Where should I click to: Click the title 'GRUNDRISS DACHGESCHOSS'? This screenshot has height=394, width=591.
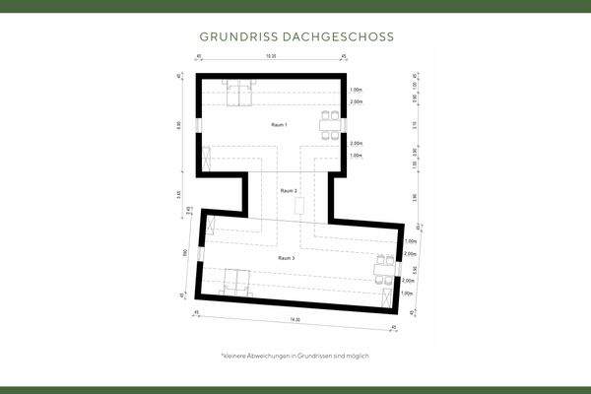[295, 36]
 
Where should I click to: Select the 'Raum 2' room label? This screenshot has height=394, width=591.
[289, 189]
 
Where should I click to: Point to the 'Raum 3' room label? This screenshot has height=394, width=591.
[288, 257]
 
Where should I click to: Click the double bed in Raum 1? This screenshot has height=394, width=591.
[237, 93]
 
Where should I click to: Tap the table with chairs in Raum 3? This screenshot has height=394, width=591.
[382, 267]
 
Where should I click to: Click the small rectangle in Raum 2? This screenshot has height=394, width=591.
[298, 205]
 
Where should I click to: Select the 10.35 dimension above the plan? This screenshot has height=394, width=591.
[270, 58]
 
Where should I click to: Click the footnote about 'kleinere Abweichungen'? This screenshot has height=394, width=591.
[295, 355]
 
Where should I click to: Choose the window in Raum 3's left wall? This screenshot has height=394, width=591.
[200, 253]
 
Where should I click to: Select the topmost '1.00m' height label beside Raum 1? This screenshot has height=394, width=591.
[355, 89]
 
